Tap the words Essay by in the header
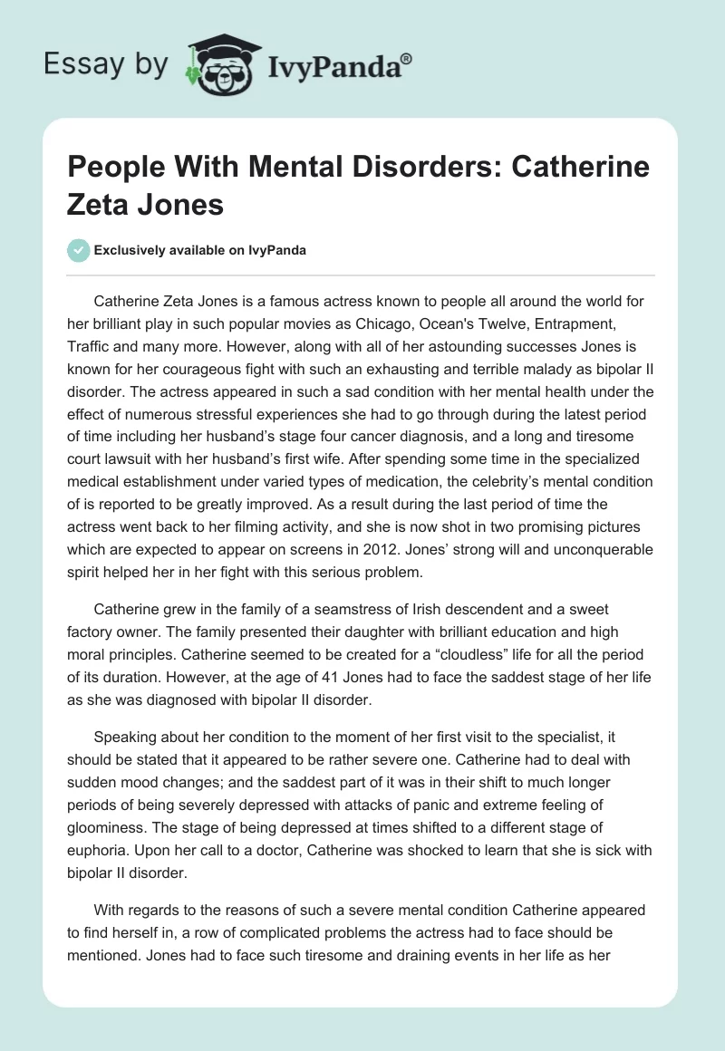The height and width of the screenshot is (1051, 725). coord(106,63)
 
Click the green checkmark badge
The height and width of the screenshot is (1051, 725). coord(78,250)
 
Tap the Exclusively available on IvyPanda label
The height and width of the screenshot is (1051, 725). coord(198,251)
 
